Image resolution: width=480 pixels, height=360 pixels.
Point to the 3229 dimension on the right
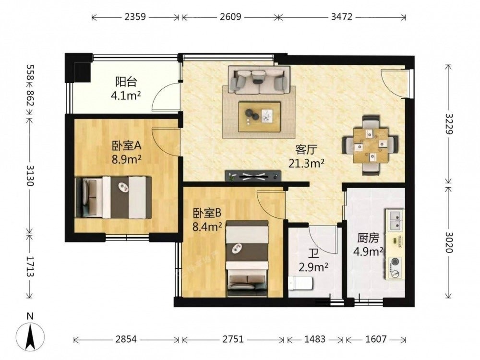(x=449, y=124)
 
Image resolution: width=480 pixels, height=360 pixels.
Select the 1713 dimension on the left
(x=30, y=266)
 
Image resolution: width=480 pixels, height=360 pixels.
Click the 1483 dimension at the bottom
(x=315, y=339)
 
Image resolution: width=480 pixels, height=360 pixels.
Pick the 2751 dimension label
(x=233, y=339)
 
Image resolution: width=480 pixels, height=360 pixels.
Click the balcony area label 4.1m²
(x=126, y=96)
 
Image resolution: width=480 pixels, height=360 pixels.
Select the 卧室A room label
(x=126, y=146)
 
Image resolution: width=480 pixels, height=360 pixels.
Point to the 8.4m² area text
(x=207, y=227)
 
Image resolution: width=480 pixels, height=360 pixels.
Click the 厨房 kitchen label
(x=368, y=238)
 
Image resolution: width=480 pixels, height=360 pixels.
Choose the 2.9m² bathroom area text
(x=313, y=267)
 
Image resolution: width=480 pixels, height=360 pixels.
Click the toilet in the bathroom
(x=300, y=283)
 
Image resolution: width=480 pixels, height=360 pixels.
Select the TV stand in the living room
(x=253, y=176)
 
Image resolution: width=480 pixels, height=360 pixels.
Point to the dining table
(x=370, y=145)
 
